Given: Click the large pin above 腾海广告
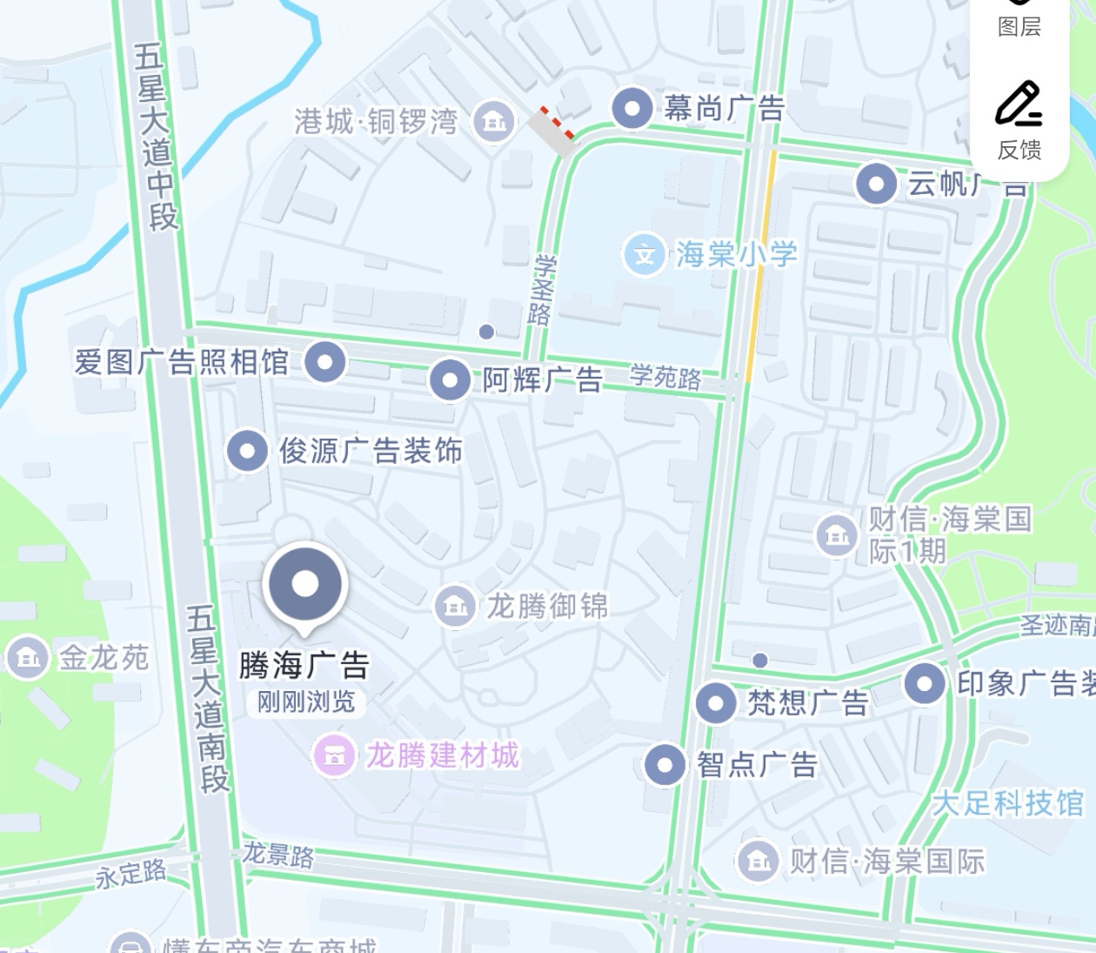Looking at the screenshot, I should (x=305, y=584).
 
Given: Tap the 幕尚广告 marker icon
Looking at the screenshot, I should (x=632, y=109).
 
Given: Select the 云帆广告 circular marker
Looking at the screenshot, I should (x=876, y=184).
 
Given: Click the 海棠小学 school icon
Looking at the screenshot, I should (x=645, y=255).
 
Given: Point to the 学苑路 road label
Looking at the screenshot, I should (x=665, y=377).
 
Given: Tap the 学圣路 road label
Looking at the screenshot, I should (x=542, y=290).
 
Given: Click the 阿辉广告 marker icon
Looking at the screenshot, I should (x=451, y=380).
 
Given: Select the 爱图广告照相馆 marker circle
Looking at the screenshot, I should (x=325, y=361).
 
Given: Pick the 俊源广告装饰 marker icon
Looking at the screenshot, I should (x=247, y=451).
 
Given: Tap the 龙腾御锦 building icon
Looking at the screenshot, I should (x=454, y=606).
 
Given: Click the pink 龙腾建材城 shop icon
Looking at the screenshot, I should (x=334, y=755).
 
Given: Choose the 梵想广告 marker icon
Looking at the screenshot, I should (x=716, y=702).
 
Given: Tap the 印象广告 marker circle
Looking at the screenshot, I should (x=925, y=683).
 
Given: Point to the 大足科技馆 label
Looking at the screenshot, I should (x=1008, y=803).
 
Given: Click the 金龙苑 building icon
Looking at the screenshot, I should (x=27, y=657).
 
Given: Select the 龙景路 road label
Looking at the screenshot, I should (x=277, y=855).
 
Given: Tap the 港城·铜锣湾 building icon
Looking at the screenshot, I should (x=493, y=121).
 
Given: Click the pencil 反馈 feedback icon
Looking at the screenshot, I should (x=1019, y=105).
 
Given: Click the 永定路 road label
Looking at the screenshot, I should (x=131, y=873).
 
